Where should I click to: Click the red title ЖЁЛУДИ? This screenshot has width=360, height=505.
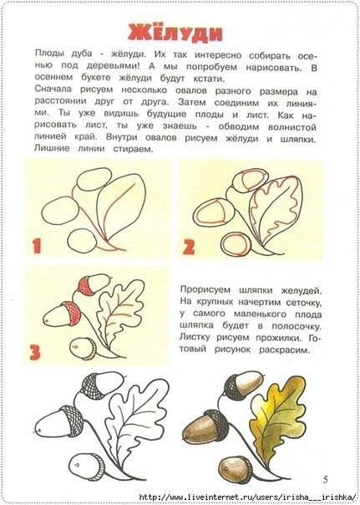coord(175,33)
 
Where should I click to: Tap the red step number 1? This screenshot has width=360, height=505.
coord(37,246)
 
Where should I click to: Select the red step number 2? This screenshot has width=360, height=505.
coord(189,247)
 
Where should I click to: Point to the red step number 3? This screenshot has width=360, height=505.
coord(35,352)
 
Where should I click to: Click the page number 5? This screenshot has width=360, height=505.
coord(326,480)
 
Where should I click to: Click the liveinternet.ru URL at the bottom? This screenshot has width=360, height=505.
coord(249,497)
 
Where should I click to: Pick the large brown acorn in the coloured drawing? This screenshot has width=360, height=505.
coord(205,426)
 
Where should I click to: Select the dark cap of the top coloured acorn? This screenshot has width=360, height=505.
coord(234,387)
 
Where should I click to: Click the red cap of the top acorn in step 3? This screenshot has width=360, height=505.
coord(86,286)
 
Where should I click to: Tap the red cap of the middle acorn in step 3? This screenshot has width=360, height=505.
coord(73,314)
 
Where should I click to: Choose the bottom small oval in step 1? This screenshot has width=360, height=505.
coord(82,242)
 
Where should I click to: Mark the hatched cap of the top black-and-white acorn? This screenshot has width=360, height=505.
coord(91,385)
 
